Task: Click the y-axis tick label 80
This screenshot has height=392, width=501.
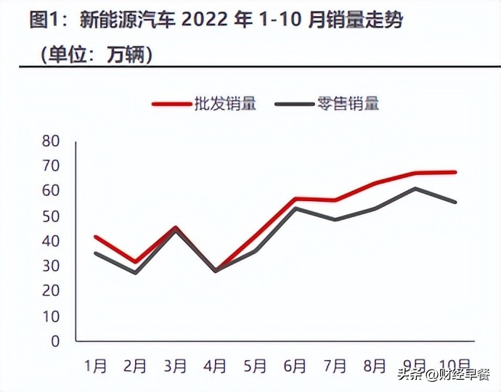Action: tap(50, 141)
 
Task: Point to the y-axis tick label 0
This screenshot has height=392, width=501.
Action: tap(55, 340)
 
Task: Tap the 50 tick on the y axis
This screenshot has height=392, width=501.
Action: tap(50, 216)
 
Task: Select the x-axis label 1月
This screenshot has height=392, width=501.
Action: tap(96, 366)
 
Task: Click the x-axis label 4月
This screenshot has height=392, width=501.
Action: tap(215, 366)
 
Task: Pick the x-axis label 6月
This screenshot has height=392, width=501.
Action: tap(295, 366)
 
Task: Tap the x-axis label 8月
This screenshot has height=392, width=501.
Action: tap(374, 366)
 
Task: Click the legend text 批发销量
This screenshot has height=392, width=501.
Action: tap(225, 104)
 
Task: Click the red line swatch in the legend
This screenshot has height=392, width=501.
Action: tap(170, 104)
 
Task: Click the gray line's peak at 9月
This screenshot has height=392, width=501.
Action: tap(415, 189)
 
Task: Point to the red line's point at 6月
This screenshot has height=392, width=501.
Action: tap(295, 198)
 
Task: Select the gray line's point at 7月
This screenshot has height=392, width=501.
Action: tap(335, 219)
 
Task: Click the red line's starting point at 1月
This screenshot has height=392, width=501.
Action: tap(96, 237)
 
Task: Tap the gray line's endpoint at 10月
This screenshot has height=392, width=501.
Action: tap(455, 202)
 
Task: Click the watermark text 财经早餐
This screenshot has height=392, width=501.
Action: tap(462, 375)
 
